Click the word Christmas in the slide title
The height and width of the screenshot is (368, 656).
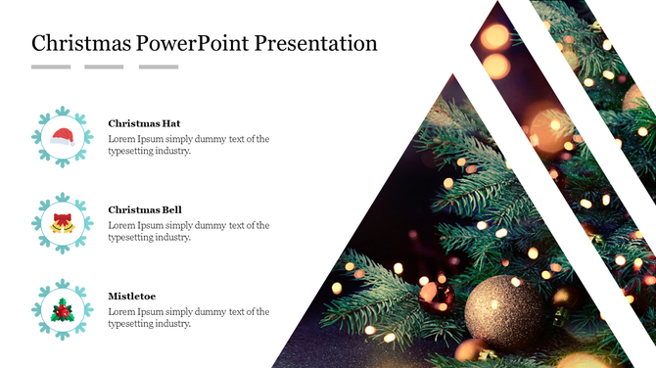[x=81, y=43]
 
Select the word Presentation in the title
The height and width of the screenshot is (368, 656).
[x=317, y=43]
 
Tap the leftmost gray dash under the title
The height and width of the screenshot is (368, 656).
[x=51, y=67]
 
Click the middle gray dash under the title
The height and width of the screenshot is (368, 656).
[x=104, y=67]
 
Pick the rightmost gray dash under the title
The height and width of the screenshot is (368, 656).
[x=159, y=67]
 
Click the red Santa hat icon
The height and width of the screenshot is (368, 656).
[x=63, y=137]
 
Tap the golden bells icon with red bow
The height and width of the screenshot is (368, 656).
[x=63, y=223]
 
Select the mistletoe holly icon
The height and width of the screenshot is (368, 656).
[x=63, y=310]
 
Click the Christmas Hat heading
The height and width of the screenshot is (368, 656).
[x=144, y=123]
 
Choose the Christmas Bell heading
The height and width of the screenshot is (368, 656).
[x=145, y=209]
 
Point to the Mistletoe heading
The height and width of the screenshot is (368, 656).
[x=131, y=296]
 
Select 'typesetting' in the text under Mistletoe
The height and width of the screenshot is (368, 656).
[x=130, y=324]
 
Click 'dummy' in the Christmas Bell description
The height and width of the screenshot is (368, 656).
[x=210, y=225]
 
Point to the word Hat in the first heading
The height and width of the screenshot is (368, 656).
[x=170, y=123]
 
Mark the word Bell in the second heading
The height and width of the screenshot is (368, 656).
[x=171, y=209]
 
